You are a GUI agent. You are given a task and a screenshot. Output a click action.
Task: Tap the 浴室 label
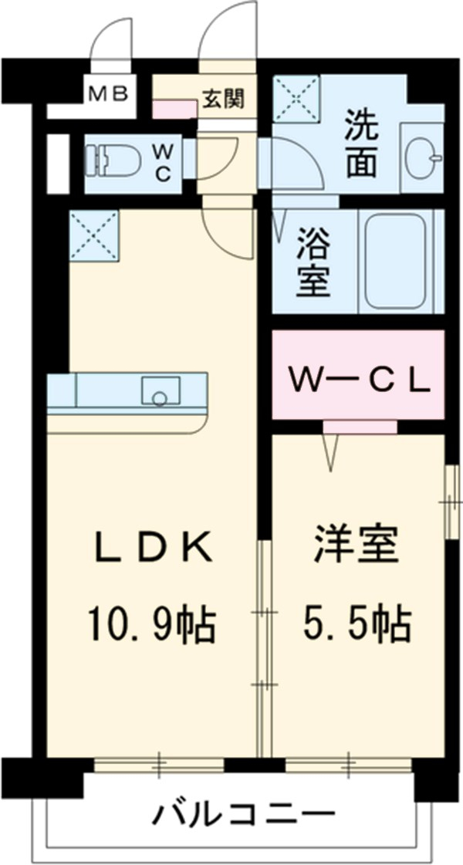tap(314, 262)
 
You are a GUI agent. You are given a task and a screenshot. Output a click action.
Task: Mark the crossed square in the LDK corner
tap(93, 234)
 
